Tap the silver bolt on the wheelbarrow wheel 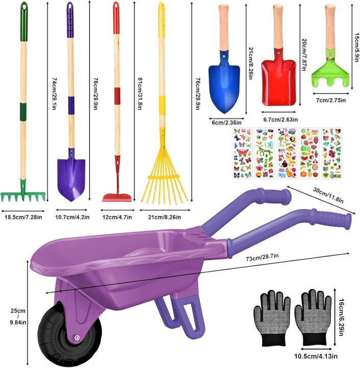click(77, 338)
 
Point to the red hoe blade click(117, 198)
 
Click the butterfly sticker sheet click(242, 153)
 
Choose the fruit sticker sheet click(309, 153)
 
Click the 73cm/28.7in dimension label click(262, 257)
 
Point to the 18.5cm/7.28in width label click(23, 217)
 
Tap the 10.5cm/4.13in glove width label click(316, 356)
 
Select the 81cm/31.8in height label click(139, 94)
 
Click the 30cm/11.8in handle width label click(328, 195)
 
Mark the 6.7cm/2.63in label click(280, 120)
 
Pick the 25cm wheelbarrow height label click(18, 316)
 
